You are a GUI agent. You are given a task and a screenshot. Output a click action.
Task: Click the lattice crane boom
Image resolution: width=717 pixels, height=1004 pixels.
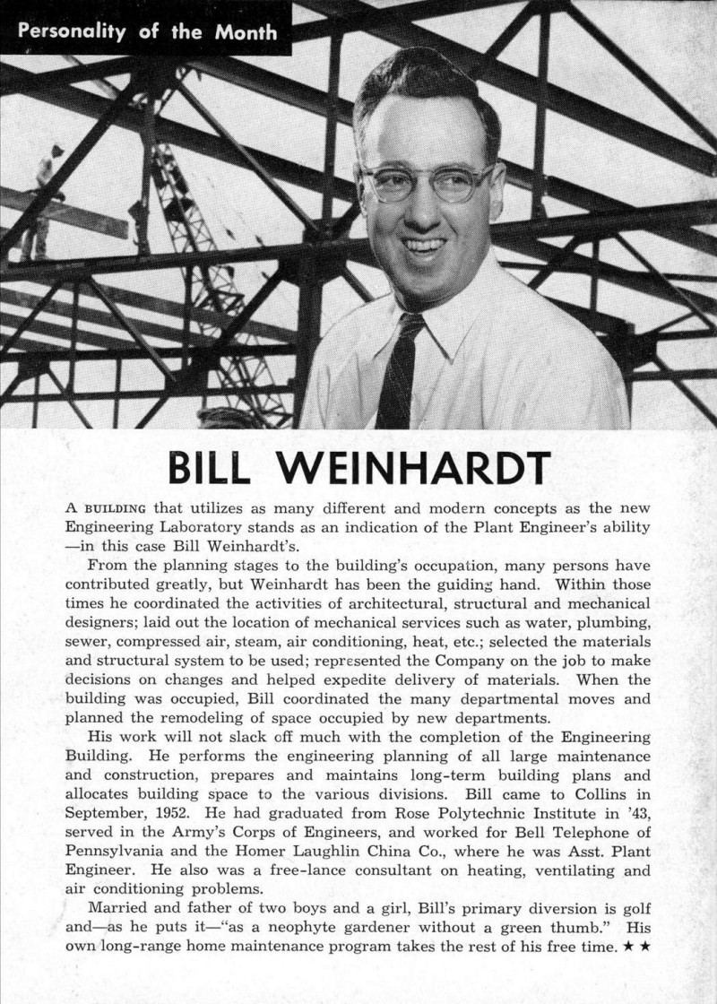tap(211, 269)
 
